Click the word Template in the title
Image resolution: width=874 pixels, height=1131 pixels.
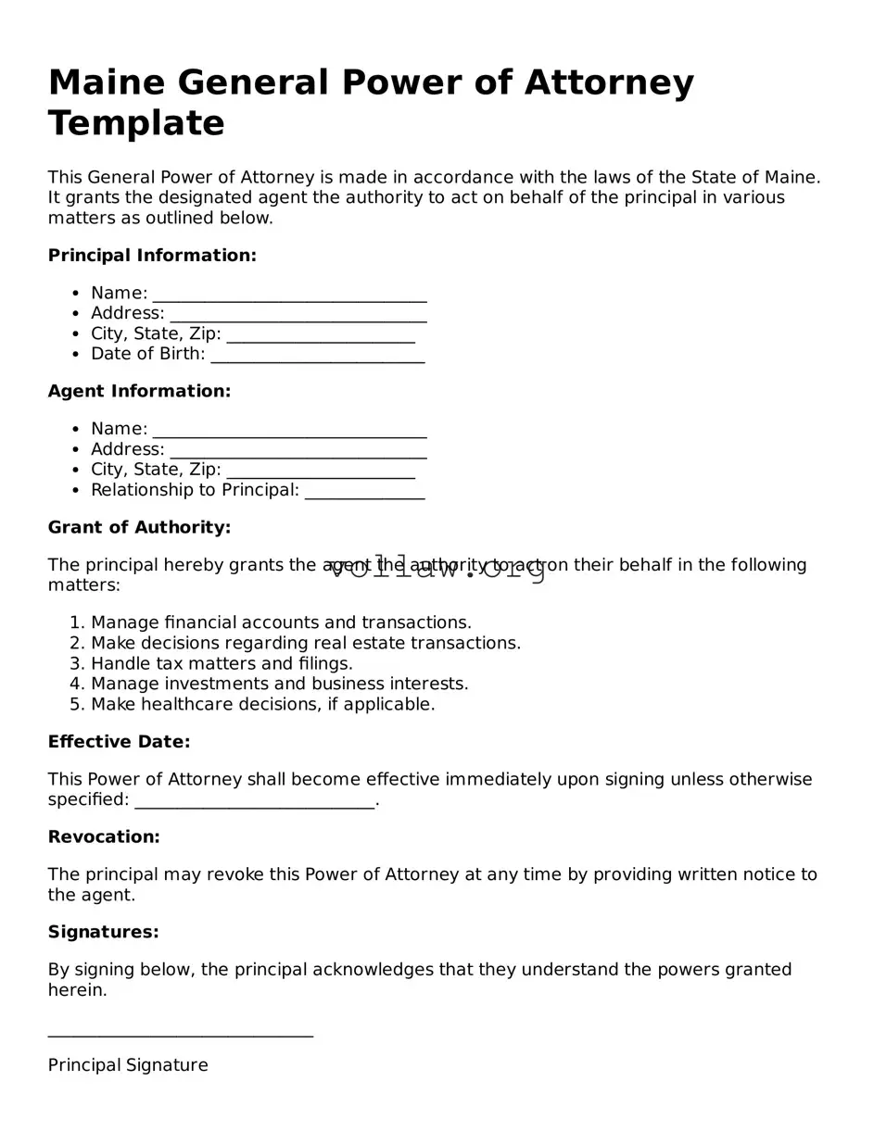pos(136,123)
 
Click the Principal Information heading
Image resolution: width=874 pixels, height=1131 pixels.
pos(152,256)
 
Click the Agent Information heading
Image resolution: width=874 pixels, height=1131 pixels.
pos(139,392)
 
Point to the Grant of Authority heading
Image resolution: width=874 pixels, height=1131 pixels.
pos(139,528)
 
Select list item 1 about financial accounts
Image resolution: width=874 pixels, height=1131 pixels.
pos(281,622)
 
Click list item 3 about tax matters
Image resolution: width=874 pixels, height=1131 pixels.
pos(222,663)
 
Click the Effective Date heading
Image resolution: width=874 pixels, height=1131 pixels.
pos(119,742)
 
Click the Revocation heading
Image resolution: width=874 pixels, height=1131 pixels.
pos(104,837)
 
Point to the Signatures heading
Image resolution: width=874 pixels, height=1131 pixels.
pos(103,932)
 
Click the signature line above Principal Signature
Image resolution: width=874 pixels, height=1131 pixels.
pos(180,1036)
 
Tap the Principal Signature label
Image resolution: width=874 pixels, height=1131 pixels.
pos(128,1065)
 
